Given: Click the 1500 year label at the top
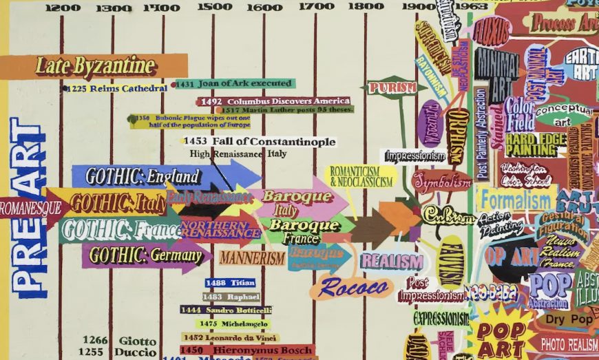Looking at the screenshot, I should coord(214,7).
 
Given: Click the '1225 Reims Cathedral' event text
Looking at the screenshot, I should coord(117,88).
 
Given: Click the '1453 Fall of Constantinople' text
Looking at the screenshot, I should coord(260,142).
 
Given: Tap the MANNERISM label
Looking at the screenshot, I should coord(252,259).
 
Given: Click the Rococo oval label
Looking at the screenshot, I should coord(351,287).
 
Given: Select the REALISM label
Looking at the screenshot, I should coord(391,262).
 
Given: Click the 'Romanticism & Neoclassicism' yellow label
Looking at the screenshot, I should coord(361,177).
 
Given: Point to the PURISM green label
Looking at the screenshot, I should coord(392,87).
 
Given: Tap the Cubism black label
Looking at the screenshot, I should coord(448,215).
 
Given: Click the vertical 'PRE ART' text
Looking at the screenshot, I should coord(28,207).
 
